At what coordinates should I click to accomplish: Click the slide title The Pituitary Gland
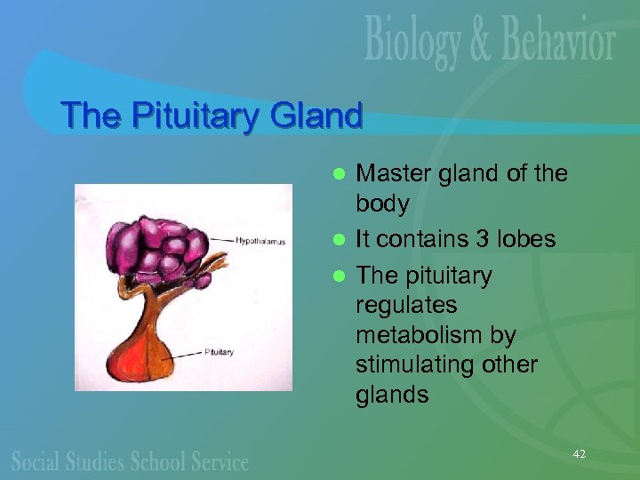coord(212,116)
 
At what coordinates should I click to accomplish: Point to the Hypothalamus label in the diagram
coord(260,240)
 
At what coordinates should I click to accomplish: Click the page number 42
coord(580,454)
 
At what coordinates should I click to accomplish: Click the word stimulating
coord(413,365)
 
